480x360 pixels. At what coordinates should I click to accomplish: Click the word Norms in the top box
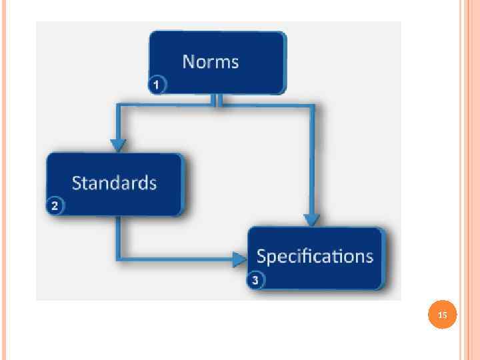(x=211, y=62)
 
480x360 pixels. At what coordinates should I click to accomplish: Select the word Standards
(x=114, y=183)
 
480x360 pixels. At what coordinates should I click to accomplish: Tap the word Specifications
(x=315, y=256)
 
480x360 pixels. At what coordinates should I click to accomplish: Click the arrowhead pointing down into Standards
(x=119, y=145)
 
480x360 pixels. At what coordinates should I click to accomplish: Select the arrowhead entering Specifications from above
(x=311, y=219)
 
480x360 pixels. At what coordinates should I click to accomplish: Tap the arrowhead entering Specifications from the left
(x=239, y=259)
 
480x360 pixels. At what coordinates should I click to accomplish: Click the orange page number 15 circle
(x=443, y=315)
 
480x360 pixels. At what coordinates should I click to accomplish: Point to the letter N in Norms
(x=189, y=62)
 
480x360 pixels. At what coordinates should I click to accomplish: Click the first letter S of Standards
(x=77, y=183)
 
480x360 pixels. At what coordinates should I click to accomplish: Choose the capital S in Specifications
(x=262, y=256)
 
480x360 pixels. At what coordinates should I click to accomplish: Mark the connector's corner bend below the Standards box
(x=119, y=258)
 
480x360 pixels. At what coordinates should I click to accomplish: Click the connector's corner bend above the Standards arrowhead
(x=119, y=105)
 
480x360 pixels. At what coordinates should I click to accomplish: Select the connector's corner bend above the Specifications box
(x=311, y=105)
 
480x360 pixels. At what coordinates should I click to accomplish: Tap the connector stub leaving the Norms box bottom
(x=217, y=99)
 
